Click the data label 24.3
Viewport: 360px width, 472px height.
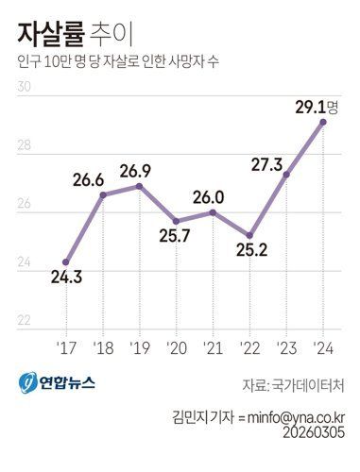(66, 279)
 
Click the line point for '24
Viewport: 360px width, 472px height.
(323, 122)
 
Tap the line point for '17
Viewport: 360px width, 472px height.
(65, 261)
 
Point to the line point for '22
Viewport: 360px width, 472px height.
(249, 235)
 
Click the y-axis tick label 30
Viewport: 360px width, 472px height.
(25, 88)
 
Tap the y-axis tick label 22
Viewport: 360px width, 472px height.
(25, 321)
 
